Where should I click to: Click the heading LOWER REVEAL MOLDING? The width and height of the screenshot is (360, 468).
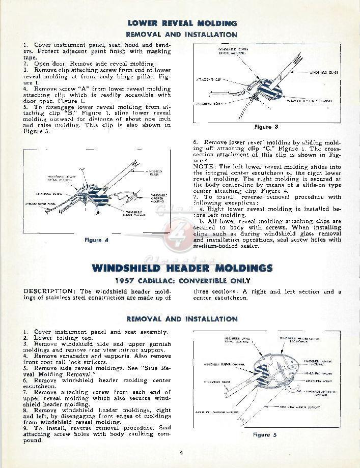[182, 23]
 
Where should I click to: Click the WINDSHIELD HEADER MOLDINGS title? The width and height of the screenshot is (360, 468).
[182, 268]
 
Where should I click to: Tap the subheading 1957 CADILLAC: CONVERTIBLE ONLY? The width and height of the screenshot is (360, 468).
[182, 280]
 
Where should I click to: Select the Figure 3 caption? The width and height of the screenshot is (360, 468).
[266, 127]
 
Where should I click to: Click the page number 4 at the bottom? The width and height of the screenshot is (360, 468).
[181, 453]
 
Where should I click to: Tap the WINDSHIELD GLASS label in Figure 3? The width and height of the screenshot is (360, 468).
[323, 73]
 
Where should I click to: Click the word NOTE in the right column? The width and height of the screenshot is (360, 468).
[204, 167]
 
